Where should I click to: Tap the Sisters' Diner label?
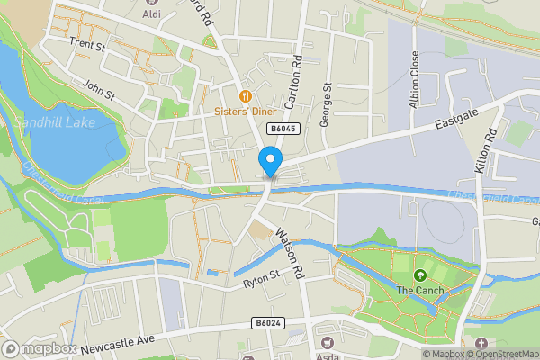(244, 112)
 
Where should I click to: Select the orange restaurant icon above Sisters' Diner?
(244, 96)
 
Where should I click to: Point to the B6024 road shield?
(267, 322)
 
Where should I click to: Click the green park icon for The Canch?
(418, 274)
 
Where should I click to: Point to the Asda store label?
(326, 356)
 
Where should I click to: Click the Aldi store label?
(154, 14)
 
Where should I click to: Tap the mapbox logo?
(40, 348)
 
